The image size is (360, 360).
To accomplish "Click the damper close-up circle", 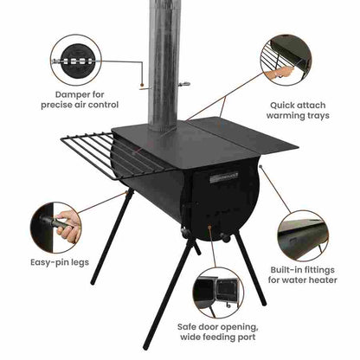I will coord(75,60).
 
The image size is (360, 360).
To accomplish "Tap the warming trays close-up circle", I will coord(285,58).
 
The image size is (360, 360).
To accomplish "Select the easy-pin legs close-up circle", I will coord(55,225).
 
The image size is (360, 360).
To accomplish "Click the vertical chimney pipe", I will coord(162,61).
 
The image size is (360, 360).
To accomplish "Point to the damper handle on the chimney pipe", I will coord(183,84).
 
